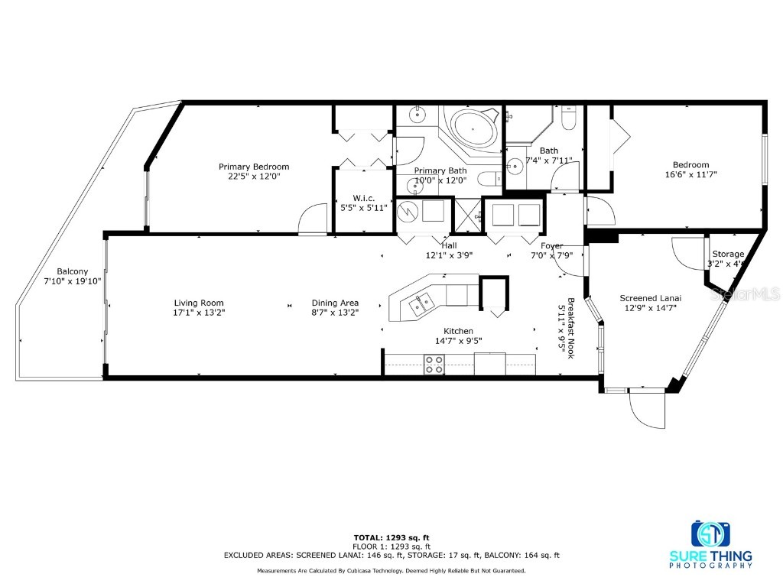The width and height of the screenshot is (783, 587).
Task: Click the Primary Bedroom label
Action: coord(254,167)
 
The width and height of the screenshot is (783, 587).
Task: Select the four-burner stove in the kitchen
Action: coord(434,365)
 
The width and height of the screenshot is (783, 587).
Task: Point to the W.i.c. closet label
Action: coord(363,198)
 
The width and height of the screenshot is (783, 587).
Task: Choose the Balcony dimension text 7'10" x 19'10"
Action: coord(72,281)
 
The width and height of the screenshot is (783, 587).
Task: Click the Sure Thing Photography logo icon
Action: coord(710,533)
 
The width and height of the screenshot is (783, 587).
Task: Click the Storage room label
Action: coord(727,254)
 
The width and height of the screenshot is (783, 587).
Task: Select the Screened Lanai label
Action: coord(650,298)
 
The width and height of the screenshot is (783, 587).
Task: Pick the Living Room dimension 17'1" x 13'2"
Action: coord(199,313)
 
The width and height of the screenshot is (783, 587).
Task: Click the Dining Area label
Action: coord(335,303)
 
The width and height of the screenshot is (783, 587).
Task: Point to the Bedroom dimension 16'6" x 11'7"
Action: coord(690,174)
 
